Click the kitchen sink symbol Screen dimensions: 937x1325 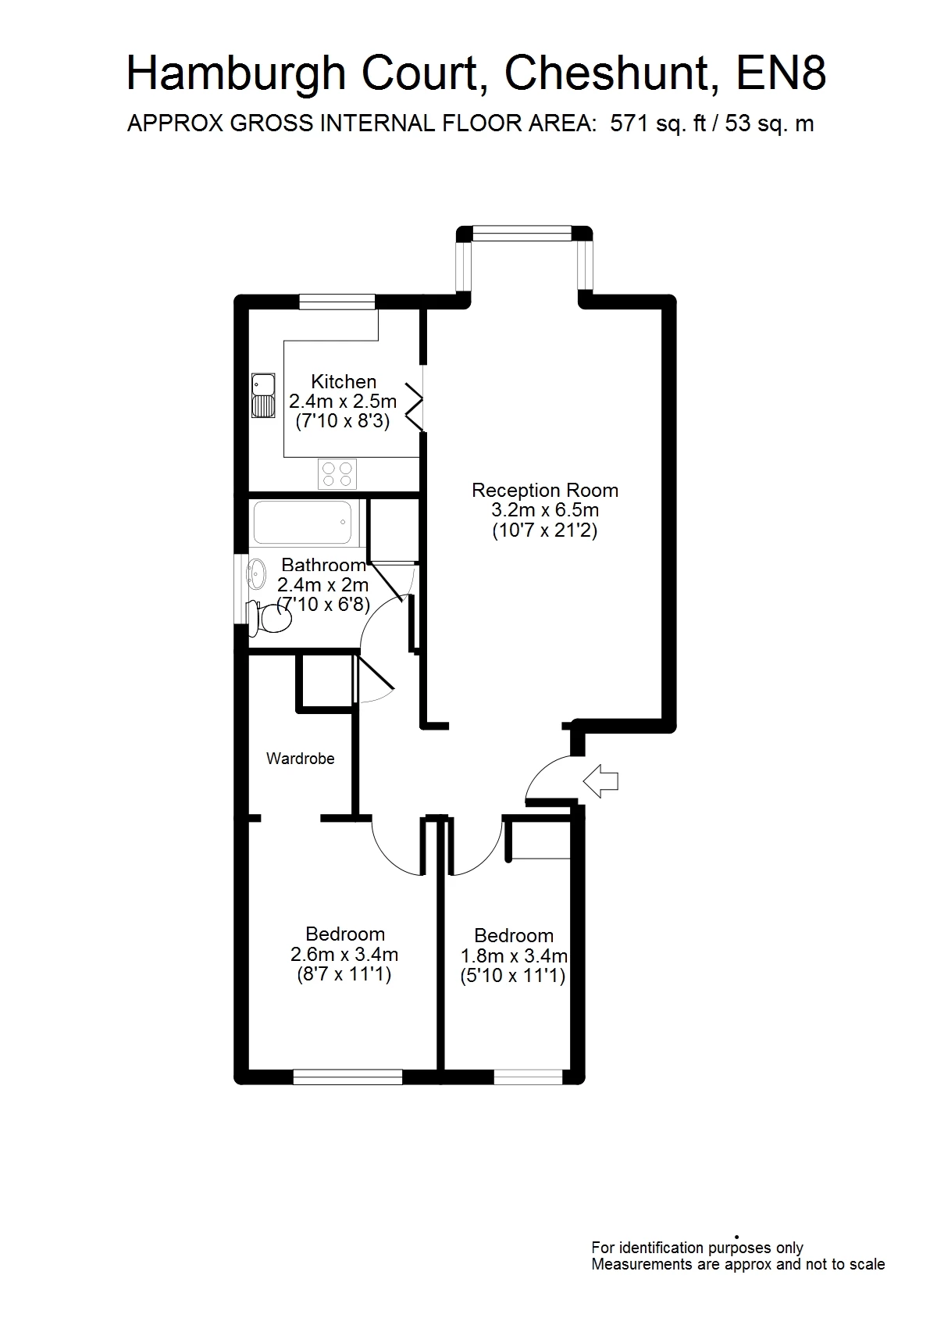point(263,396)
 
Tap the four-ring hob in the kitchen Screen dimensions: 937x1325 point(337,473)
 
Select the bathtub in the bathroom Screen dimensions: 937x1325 point(303,523)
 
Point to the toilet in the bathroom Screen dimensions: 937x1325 point(270,618)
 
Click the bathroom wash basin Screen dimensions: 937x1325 point(257,573)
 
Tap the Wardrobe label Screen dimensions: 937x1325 point(301,759)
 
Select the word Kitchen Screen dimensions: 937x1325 point(344,381)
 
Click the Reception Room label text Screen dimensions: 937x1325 point(545,490)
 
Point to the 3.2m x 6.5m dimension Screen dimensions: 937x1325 point(545,509)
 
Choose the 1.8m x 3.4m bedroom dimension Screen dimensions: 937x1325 point(515,955)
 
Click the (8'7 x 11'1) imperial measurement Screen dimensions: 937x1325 point(344,973)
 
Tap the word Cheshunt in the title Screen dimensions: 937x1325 point(612,73)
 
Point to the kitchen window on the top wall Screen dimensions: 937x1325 point(337,302)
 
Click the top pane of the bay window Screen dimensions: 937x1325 point(522,233)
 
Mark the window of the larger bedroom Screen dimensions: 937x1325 point(347,1077)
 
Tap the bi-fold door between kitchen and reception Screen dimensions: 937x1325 point(415,405)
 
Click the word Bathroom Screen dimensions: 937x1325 point(323,565)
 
